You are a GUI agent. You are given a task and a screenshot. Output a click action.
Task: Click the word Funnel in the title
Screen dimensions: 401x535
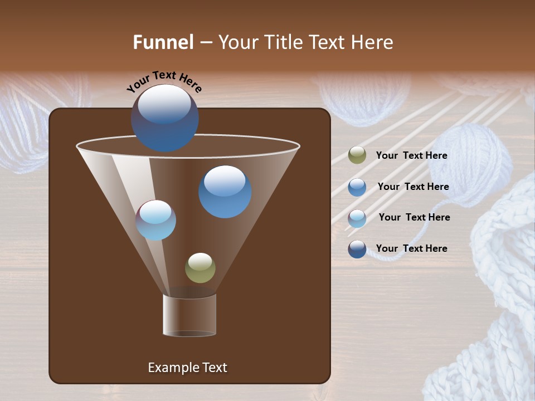(x=163, y=42)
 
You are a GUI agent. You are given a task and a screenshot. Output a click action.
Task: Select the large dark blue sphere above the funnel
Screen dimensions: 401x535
(x=164, y=118)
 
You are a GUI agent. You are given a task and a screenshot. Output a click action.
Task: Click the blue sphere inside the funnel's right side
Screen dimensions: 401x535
(x=225, y=191)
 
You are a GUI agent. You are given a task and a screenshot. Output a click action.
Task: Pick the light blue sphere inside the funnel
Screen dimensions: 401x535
(x=156, y=220)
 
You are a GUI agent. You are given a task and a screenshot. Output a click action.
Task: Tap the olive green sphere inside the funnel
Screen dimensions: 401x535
(x=200, y=267)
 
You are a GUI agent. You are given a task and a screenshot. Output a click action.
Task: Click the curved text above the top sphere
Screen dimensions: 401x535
(x=164, y=81)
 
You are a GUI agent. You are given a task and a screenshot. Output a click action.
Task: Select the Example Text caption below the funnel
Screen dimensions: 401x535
(x=187, y=368)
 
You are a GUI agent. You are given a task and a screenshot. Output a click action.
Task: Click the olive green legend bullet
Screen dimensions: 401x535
(x=357, y=155)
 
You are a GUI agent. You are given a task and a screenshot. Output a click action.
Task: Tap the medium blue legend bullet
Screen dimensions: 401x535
(x=357, y=187)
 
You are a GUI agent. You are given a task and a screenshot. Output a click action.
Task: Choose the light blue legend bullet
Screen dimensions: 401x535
(x=357, y=218)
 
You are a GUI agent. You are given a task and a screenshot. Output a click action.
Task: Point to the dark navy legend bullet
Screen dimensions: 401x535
(x=357, y=249)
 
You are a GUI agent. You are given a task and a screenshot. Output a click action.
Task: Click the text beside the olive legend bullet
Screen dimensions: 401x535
(x=411, y=156)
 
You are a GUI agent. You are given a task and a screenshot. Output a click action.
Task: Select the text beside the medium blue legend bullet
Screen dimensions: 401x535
(x=413, y=187)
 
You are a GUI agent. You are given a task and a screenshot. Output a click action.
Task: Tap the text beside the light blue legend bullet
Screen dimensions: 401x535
(x=414, y=218)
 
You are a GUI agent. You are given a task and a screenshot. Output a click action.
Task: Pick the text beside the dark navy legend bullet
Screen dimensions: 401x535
(x=411, y=249)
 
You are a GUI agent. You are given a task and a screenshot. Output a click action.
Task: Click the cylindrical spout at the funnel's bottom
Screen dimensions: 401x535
(x=189, y=315)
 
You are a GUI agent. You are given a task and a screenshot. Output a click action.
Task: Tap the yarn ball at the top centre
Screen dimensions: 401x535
(x=362, y=100)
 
